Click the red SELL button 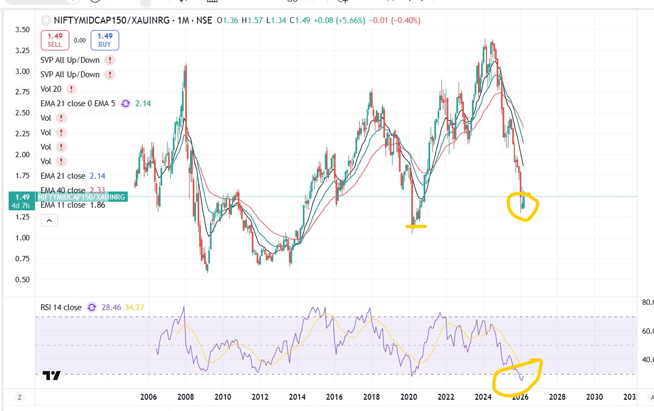[56, 40]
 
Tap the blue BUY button [105, 40]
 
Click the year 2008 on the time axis [185, 397]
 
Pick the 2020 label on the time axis [409, 397]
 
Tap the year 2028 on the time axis [557, 397]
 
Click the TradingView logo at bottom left [52, 376]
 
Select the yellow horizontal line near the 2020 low [416, 226]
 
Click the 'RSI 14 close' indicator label [61, 307]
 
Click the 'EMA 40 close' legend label [63, 190]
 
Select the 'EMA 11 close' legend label [63, 205]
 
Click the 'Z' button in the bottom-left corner [19, 398]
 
